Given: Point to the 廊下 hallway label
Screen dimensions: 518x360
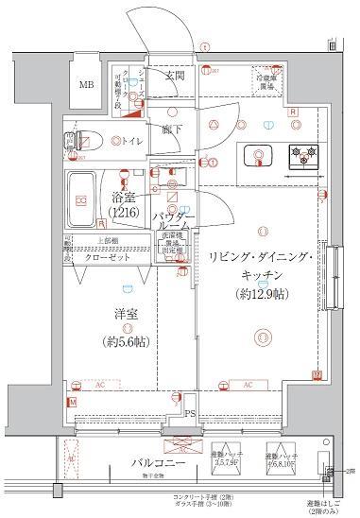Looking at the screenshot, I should pos(171,129).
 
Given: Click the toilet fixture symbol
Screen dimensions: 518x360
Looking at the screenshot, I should pos(87,142).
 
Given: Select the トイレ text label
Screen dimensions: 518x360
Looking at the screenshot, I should pos(131,142).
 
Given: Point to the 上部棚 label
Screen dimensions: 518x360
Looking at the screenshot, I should pos(78,239).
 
